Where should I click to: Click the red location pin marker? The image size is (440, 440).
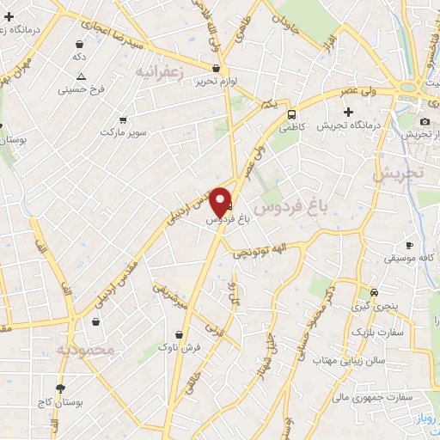pos(221,202)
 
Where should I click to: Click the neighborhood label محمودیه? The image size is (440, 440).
pos(86,350)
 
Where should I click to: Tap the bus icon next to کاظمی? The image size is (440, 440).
pos(292,113)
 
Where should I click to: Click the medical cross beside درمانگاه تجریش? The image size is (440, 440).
pos(348,112)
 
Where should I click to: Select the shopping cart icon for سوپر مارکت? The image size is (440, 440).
pos(124,119)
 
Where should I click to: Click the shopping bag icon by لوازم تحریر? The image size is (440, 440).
pos(216,69)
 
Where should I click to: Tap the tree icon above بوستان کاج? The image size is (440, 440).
pos(59,388)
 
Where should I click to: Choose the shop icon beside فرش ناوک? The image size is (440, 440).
pos(179,334)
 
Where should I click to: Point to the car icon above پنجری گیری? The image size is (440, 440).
pos(373,292)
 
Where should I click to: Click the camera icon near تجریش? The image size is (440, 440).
pos(425,121)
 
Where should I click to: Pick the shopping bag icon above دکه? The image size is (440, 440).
pos(80,43)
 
